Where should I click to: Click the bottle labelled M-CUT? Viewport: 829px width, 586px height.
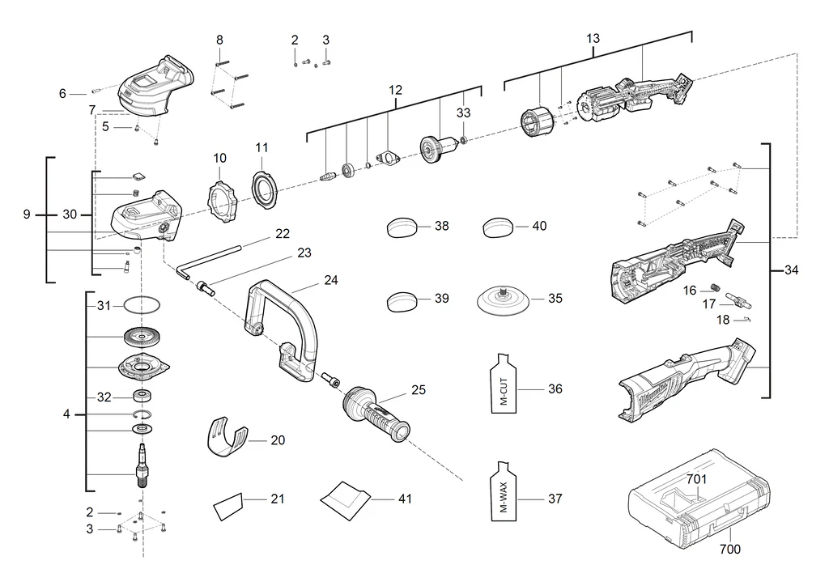tap(504, 385)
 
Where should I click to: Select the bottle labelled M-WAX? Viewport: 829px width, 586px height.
tap(504, 495)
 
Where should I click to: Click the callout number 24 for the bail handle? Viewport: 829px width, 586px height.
tap(331, 280)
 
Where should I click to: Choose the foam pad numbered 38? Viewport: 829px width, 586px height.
tap(401, 227)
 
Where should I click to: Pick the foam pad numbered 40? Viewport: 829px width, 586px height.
tap(498, 227)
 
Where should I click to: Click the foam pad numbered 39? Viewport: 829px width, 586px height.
tap(401, 300)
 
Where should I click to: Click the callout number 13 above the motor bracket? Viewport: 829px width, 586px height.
tap(593, 39)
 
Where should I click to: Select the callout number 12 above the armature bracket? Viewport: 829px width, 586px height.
tap(395, 90)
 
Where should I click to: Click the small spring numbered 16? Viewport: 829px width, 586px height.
tap(714, 290)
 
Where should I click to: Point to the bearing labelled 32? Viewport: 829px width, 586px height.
tap(144, 397)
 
